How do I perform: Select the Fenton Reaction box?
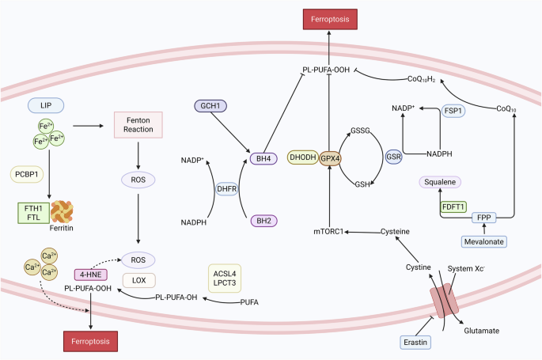pyautogui.click(x=138, y=123)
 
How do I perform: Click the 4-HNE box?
pyautogui.click(x=92, y=275)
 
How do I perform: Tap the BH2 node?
pyautogui.click(x=260, y=220)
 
